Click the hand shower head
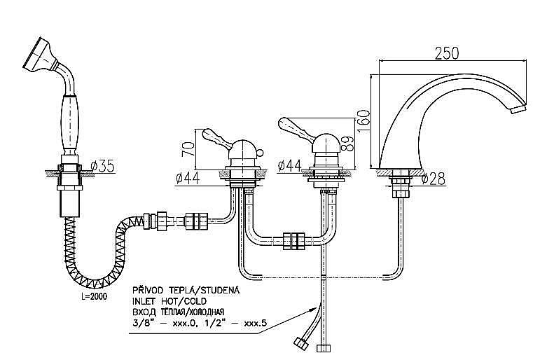(36, 55)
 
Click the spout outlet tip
(518, 109)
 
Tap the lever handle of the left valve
(213, 137)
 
